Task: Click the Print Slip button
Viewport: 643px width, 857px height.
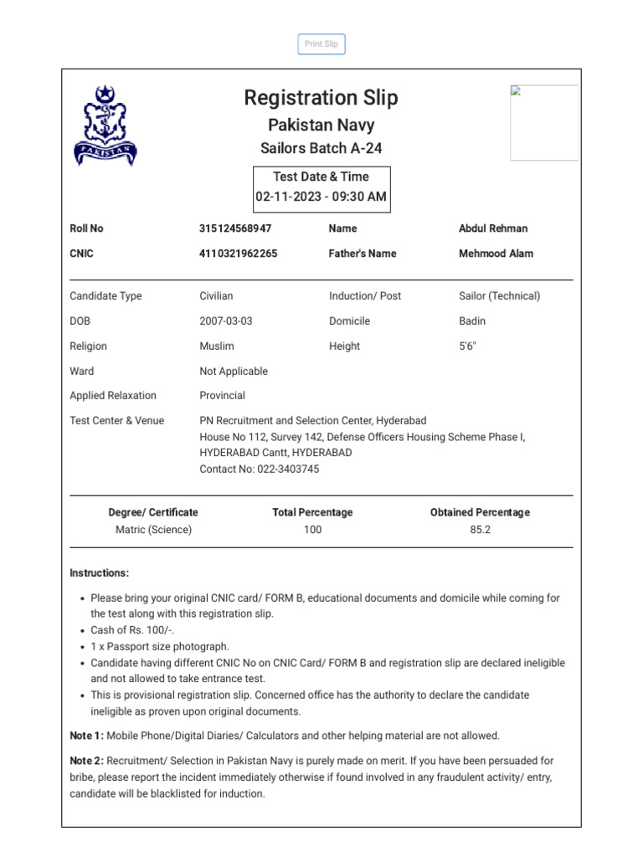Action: (x=321, y=44)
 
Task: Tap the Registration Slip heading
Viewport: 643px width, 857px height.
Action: (x=321, y=98)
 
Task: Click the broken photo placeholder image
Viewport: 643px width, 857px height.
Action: (x=543, y=122)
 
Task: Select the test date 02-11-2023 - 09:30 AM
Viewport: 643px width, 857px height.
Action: (x=321, y=198)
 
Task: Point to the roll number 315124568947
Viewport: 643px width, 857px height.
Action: (x=235, y=228)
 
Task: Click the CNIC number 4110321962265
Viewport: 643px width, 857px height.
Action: (x=239, y=254)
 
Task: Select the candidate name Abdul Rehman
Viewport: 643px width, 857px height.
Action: (x=493, y=228)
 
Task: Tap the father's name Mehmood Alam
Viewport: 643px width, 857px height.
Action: (x=496, y=254)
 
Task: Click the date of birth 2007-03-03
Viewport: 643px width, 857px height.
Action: (x=225, y=321)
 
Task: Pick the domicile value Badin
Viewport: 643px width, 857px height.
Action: (x=472, y=321)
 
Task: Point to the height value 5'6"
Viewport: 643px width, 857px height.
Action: (x=467, y=346)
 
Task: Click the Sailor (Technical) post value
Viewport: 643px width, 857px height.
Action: (x=499, y=296)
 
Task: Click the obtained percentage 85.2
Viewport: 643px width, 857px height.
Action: (x=480, y=530)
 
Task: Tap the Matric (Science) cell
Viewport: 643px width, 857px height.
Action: (x=153, y=530)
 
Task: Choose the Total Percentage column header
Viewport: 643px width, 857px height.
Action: (x=312, y=512)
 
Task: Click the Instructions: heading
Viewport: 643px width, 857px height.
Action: (x=100, y=573)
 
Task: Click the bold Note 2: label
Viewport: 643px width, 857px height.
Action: (x=87, y=762)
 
